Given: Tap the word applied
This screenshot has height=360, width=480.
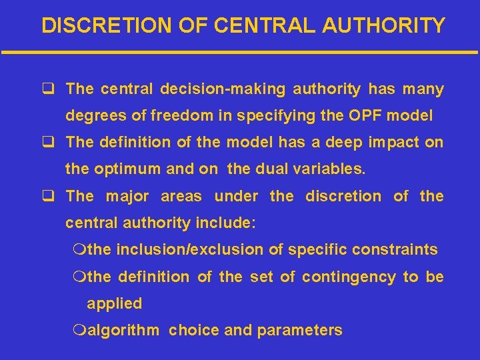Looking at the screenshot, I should pyautogui.click(x=115, y=303).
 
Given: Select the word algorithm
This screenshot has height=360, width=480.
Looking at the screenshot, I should pyautogui.click(x=123, y=330).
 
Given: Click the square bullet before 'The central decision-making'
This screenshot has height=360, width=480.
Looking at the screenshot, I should pyautogui.click(x=47, y=89).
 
